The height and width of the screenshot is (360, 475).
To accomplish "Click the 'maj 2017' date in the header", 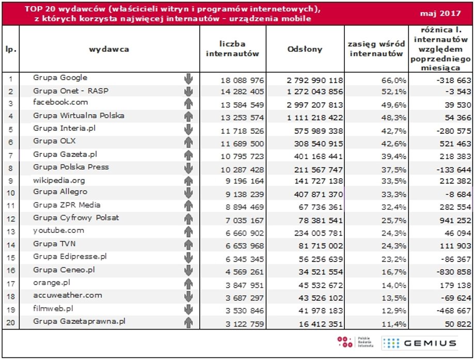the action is click(x=440, y=13).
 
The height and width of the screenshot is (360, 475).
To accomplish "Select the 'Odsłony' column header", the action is click(x=305, y=49).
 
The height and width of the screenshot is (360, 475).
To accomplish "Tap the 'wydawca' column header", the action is click(x=109, y=49).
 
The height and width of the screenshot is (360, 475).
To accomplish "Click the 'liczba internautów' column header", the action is click(x=232, y=49).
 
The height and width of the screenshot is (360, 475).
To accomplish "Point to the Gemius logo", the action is click(x=419, y=343).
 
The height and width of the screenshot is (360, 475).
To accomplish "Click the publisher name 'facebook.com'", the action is click(x=60, y=102).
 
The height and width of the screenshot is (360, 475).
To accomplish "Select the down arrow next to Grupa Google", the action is click(x=188, y=79).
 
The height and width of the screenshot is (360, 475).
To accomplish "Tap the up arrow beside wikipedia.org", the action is click(x=188, y=181).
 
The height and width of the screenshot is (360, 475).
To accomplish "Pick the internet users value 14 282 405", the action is click(x=242, y=91).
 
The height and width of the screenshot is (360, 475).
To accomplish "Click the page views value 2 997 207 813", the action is click(x=315, y=105).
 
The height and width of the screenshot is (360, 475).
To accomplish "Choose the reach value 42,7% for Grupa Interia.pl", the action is click(x=393, y=131).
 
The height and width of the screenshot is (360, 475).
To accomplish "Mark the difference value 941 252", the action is click(x=455, y=221).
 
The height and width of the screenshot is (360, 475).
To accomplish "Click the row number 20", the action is click(x=11, y=322).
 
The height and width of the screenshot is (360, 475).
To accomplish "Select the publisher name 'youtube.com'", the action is click(x=58, y=230).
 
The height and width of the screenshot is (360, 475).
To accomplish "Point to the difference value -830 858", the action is click(x=454, y=272).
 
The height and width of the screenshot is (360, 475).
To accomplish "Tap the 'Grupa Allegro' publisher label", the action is click(x=60, y=192).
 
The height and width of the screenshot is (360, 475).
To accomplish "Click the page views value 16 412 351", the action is click(x=321, y=324).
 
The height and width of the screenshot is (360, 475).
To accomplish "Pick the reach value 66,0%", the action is click(x=393, y=80).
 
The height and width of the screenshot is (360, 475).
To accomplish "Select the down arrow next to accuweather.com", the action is click(x=188, y=296).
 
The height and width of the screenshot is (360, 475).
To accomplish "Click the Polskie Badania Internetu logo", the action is click(x=355, y=342).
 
